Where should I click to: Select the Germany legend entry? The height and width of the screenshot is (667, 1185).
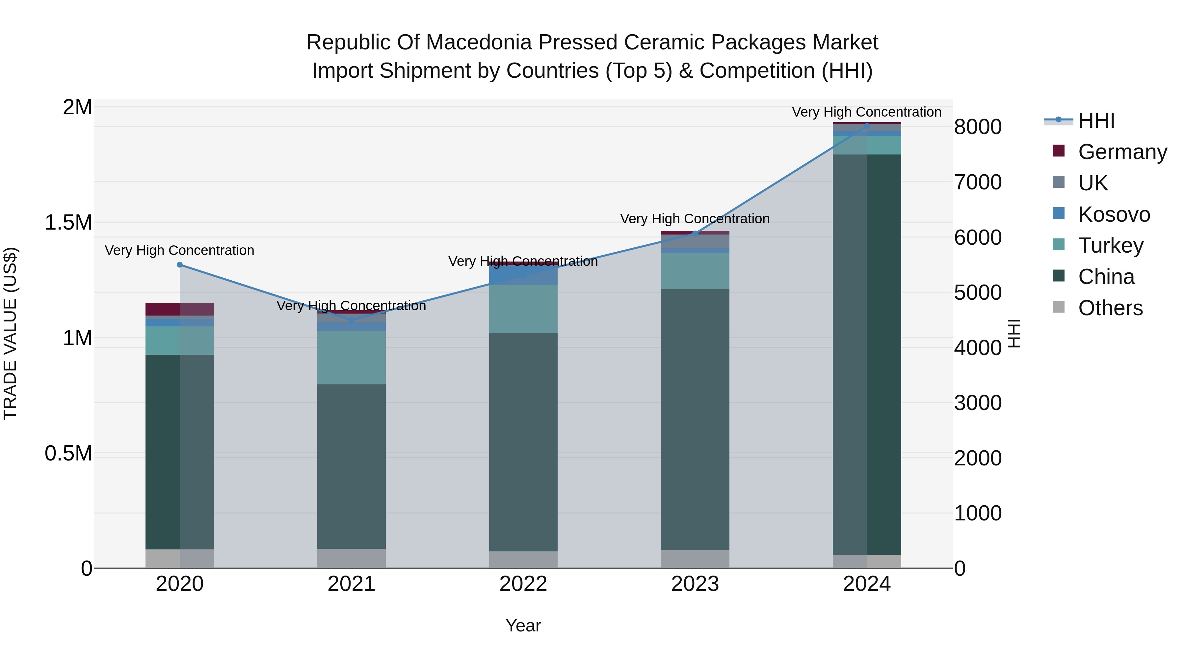(1122, 152)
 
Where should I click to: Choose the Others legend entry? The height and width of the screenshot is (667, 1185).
(1110, 308)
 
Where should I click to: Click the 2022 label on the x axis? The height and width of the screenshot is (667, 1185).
(523, 584)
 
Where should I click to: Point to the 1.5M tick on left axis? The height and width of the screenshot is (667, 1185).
(68, 223)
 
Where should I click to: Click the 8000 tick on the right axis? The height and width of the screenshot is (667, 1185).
(978, 127)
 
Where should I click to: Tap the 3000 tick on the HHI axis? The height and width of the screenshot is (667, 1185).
(978, 403)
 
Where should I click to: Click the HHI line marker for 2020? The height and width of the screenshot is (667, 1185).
(180, 265)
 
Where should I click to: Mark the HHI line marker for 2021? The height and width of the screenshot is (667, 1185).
(352, 320)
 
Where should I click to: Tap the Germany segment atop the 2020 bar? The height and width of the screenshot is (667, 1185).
(179, 309)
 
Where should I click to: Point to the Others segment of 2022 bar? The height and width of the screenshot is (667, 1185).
(523, 559)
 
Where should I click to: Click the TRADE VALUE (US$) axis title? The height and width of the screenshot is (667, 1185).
(10, 333)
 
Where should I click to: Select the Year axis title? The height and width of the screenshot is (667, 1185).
(523, 626)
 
